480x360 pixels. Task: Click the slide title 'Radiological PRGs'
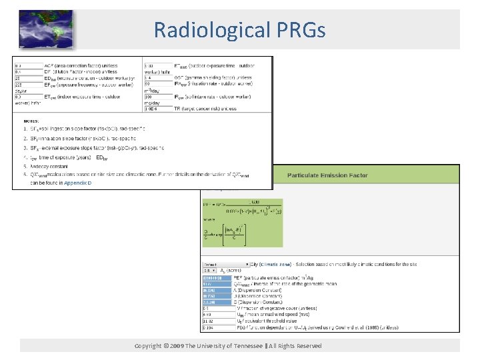(x=239, y=30)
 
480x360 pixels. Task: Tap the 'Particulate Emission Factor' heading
(x=337, y=175)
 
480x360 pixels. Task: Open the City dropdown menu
(x=227, y=265)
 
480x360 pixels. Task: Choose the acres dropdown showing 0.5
(x=210, y=271)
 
